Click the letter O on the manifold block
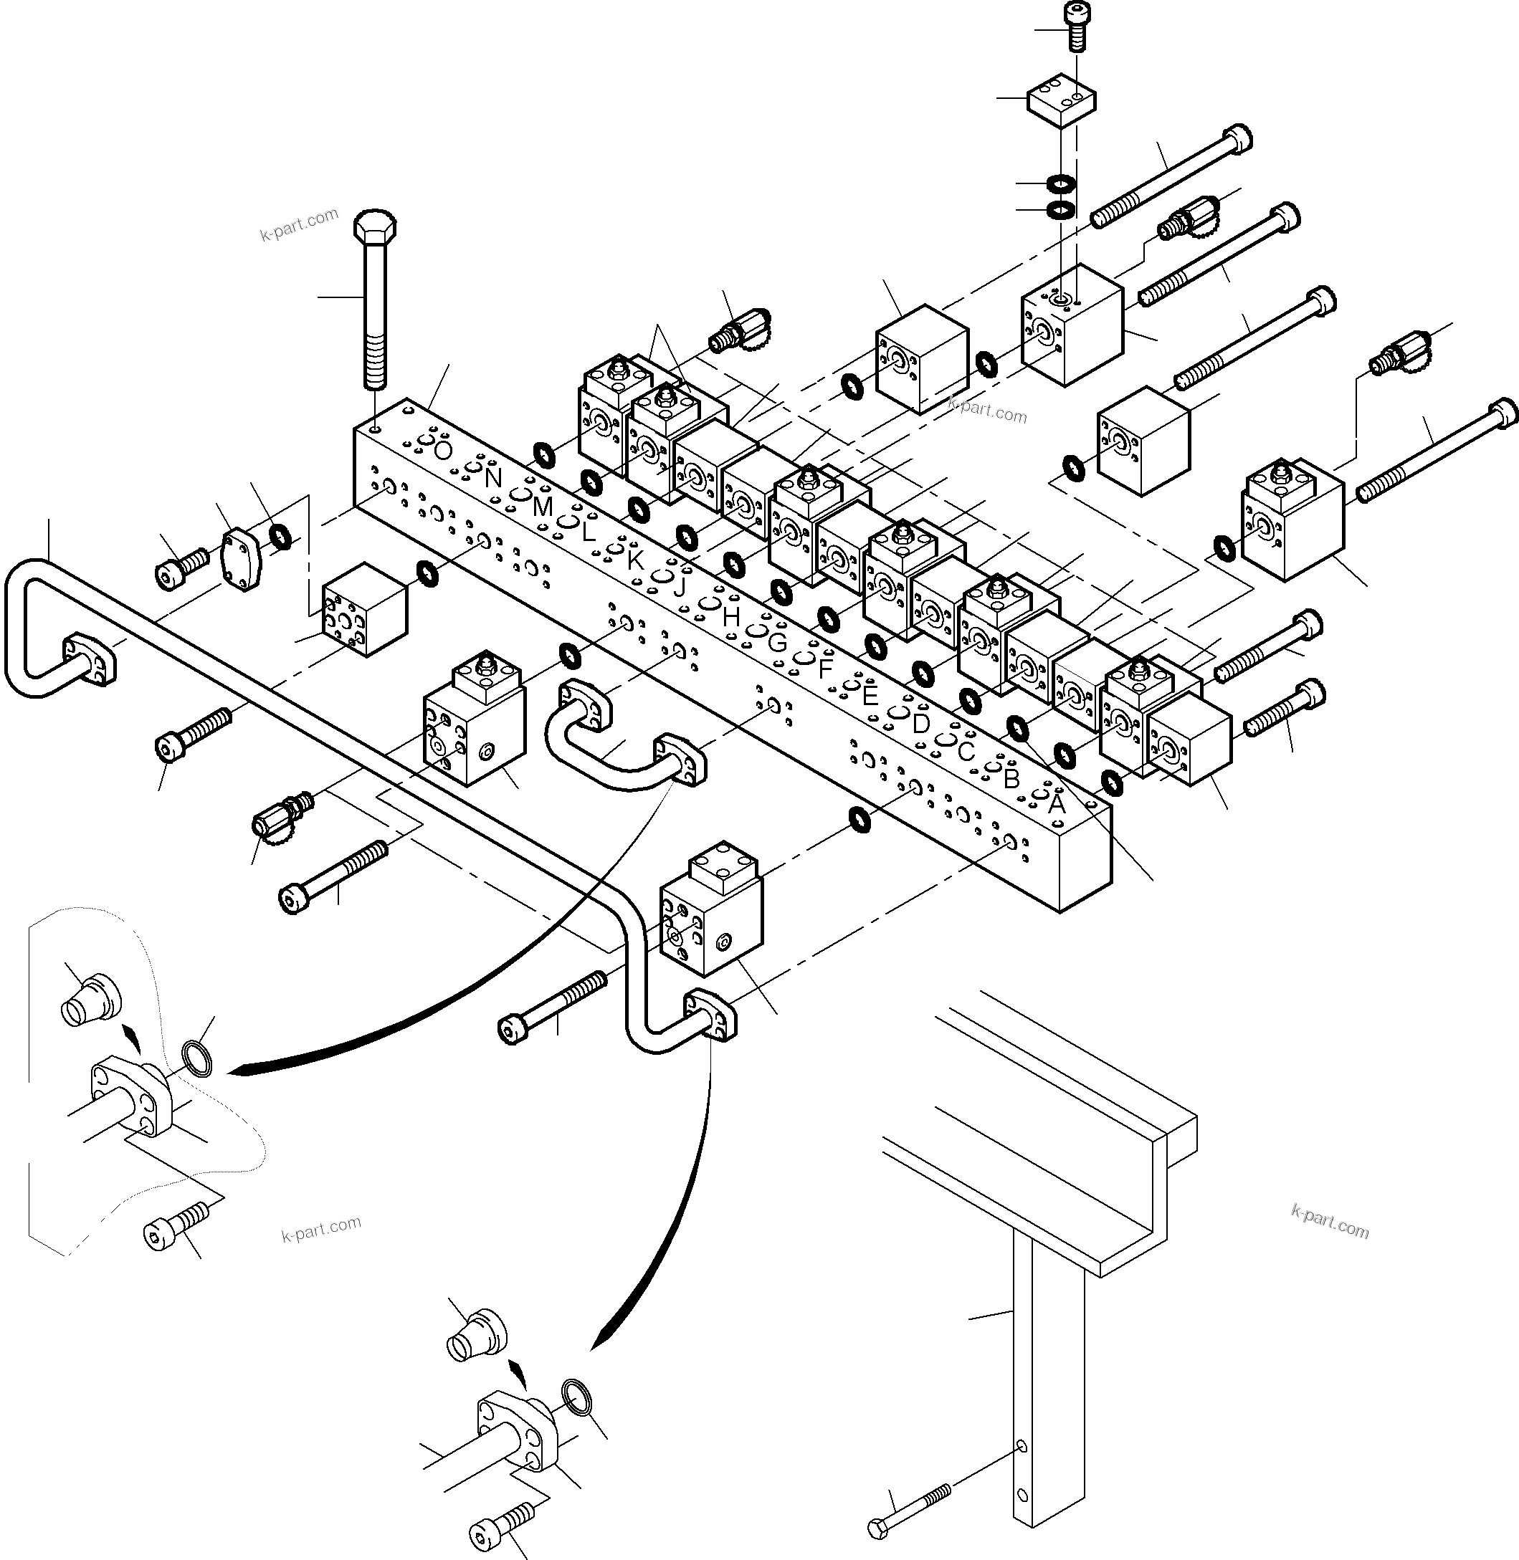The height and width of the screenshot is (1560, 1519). [x=444, y=451]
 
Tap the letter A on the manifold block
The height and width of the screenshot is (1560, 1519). [x=1057, y=804]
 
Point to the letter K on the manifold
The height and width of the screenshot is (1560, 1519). [x=635, y=560]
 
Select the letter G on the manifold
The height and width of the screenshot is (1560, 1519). [x=777, y=642]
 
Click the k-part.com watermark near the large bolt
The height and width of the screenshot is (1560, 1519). [x=299, y=224]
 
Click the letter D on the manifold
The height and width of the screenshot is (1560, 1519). [x=920, y=724]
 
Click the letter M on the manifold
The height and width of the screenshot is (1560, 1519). [x=543, y=507]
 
